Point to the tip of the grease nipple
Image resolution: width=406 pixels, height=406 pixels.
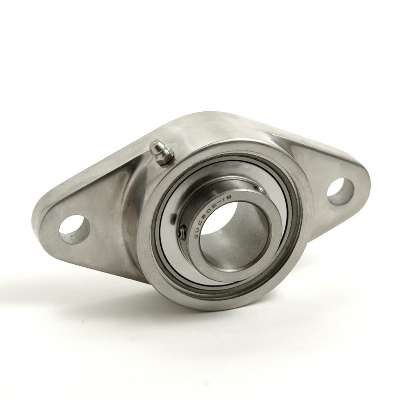point(154,144)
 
